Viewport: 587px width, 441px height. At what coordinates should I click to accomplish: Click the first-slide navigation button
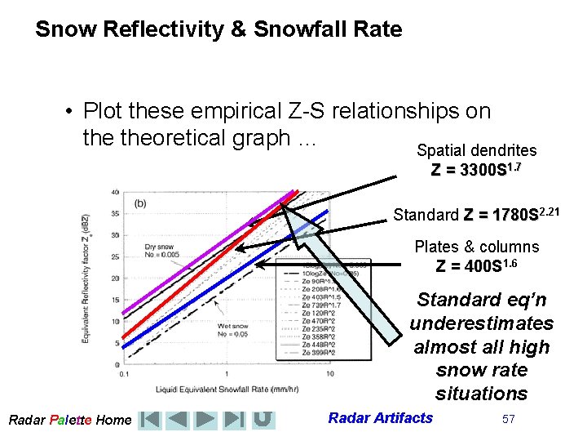pos(149,420)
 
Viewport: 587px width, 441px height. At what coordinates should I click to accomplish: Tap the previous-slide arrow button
pos(177,420)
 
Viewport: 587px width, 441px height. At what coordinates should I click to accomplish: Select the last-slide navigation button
pos(234,420)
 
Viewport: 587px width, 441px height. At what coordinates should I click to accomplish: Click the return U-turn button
pos(262,420)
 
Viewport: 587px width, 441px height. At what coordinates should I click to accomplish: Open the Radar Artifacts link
pos(380,418)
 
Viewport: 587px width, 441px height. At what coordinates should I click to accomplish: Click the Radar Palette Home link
pos(69,420)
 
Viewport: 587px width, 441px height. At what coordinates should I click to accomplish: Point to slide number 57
pos(509,419)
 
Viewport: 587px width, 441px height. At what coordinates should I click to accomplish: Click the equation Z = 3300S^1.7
pos(476,170)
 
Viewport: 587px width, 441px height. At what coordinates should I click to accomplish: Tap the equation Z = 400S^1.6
pos(477,265)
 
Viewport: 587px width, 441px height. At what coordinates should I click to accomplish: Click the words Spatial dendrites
pos(476,150)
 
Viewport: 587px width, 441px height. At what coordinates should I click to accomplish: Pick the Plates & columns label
pos(477,247)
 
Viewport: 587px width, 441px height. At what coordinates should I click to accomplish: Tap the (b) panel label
pos(141,203)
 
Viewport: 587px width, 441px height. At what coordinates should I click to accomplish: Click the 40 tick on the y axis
pos(115,193)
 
